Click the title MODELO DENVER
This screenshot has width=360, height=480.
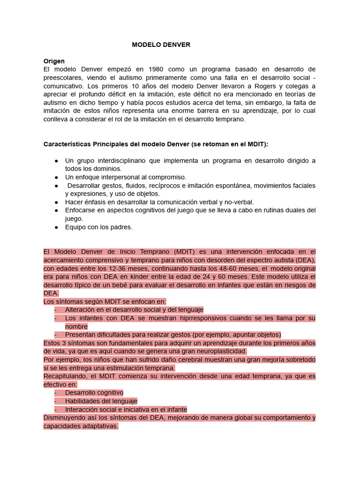[x=161, y=45]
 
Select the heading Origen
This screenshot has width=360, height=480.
[x=54, y=61]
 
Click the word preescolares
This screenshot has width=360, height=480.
[x=63, y=78]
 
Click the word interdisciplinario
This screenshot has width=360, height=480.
[x=116, y=160]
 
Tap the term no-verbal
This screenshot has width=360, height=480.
[x=240, y=202]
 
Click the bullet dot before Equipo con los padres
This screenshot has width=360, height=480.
[x=56, y=227]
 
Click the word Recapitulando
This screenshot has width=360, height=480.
[x=65, y=376]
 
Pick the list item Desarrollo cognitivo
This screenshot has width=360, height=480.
[x=94, y=392]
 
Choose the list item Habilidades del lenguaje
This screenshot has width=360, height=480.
[x=101, y=401]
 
